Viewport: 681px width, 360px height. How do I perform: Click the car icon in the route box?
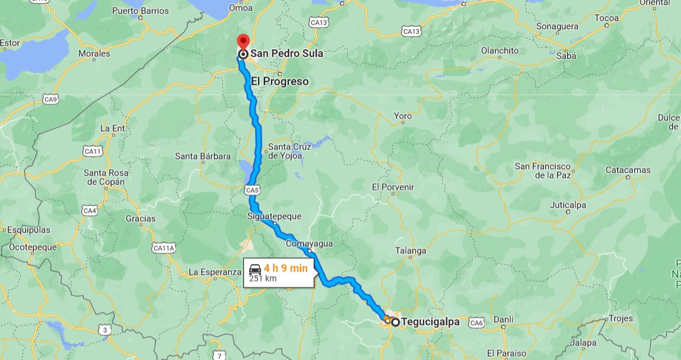pos(256,268)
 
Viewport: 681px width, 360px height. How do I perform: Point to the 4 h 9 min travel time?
pos(286,268)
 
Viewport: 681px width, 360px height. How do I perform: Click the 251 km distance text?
pos(263,278)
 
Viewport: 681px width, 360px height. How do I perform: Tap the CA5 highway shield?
pos(252,190)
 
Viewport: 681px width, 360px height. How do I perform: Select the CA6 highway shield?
pos(476,323)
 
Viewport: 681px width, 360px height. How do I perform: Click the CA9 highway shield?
pos(50,98)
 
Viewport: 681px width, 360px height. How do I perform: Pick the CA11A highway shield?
pos(164,247)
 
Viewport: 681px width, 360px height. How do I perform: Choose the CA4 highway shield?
pos(90,211)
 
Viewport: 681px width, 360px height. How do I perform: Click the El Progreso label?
pos(279,81)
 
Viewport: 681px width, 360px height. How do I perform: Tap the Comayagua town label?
pos(309,244)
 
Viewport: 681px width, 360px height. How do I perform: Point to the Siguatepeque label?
pos(274,216)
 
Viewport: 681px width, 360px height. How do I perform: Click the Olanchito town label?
pos(499,50)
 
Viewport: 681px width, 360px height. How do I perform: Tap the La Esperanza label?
pos(214,272)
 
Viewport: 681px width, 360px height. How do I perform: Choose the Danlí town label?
pos(503,319)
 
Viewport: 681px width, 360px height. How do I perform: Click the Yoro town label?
pos(403,116)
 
